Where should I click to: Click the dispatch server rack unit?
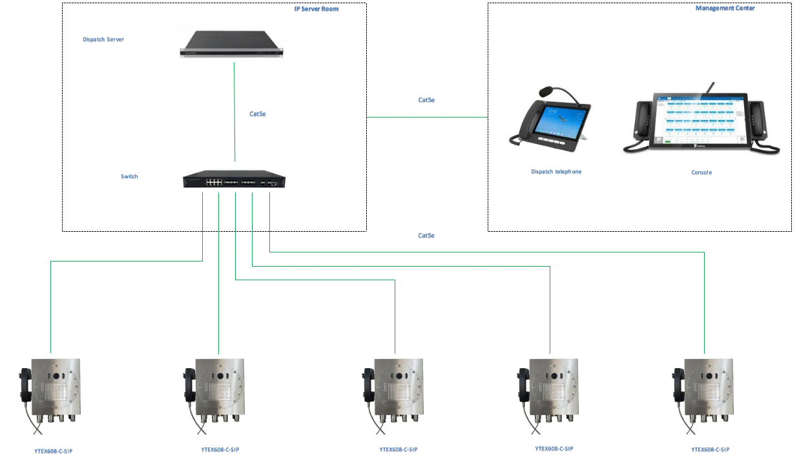(x=234, y=43)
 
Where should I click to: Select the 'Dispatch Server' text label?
(x=105, y=40)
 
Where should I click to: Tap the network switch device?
(x=234, y=178)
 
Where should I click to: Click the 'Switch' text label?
(x=129, y=176)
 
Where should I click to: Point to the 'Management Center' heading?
(x=724, y=9)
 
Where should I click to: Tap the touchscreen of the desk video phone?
(x=559, y=121)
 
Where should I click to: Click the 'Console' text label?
(x=701, y=172)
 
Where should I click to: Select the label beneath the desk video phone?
(x=555, y=171)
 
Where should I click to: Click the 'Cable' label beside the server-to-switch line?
(x=258, y=114)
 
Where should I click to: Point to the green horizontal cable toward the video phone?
(x=426, y=116)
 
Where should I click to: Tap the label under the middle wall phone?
(x=398, y=449)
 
